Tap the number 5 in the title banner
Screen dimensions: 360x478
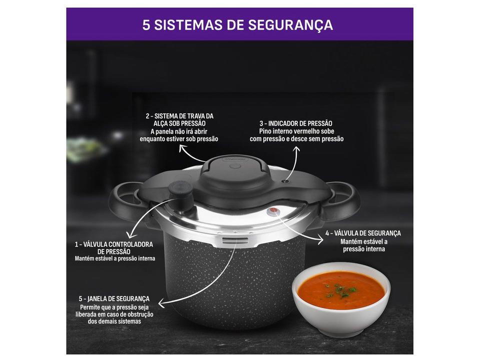point(146,24)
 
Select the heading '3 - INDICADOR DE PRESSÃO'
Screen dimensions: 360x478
point(296,123)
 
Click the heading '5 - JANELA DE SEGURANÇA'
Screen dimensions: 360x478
point(114,298)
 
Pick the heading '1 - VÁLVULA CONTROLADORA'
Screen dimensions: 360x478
point(114,244)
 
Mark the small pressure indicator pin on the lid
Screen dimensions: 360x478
point(285,181)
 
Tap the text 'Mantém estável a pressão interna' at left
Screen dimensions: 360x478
point(115,258)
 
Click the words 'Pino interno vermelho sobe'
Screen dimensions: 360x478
point(296,131)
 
